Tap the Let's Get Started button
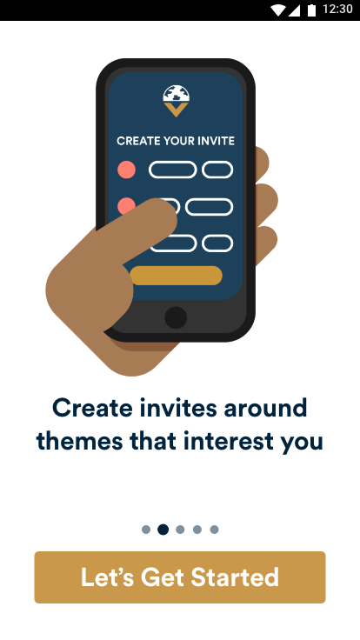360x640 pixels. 180,577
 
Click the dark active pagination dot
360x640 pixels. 163,530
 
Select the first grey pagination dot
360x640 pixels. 146,530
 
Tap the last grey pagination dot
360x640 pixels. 214,530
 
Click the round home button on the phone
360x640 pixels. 176,317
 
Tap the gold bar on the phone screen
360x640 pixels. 176,276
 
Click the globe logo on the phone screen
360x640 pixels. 176,93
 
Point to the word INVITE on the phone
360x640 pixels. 216,141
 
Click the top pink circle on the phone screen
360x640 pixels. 127,170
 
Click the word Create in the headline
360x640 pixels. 92,408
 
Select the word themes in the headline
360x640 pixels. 80,441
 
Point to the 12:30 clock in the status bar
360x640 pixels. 337,9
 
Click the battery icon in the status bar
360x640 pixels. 312,10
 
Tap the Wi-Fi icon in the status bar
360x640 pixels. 278,10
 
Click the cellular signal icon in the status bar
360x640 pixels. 294,10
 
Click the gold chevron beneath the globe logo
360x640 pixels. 176,109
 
